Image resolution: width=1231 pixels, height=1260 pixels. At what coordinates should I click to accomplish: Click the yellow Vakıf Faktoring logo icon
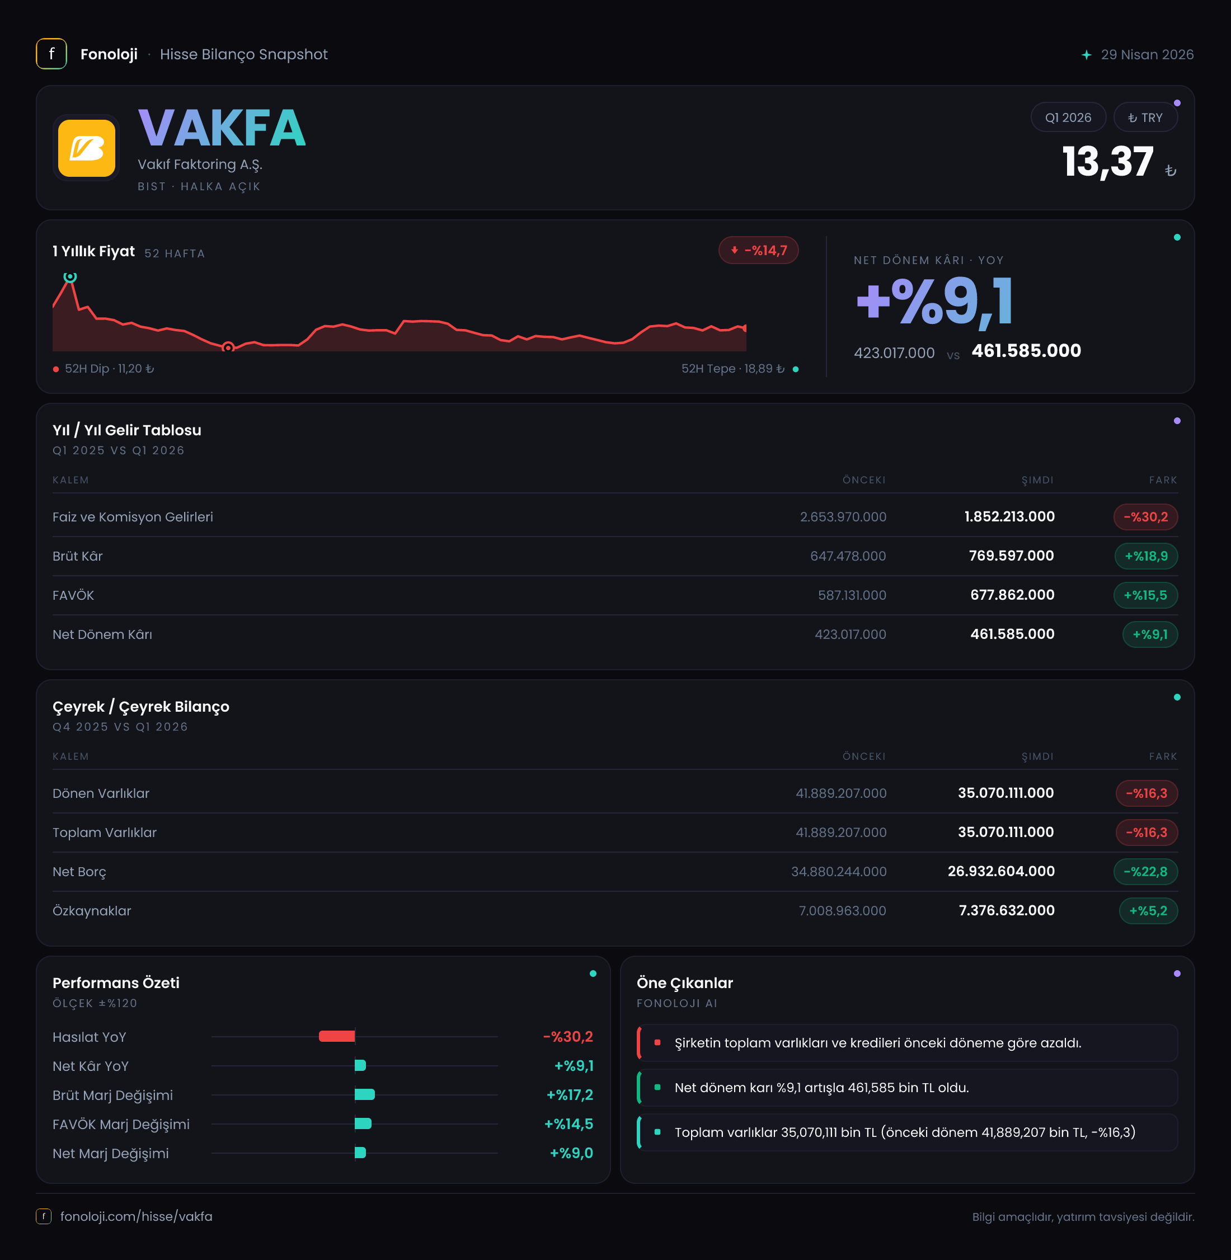pos(87,148)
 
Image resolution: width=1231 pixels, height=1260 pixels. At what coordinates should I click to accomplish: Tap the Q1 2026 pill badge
pos(1068,117)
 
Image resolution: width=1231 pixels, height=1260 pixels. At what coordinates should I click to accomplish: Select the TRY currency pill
pos(1145,117)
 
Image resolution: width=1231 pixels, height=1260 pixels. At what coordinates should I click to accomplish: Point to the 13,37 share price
pos(1107,161)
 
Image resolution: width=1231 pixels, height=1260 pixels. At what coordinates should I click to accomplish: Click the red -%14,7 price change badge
pos(758,250)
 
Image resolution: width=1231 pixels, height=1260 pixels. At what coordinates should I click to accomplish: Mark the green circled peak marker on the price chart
pos(70,277)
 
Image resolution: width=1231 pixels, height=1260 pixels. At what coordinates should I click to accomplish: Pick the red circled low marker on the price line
pos(228,347)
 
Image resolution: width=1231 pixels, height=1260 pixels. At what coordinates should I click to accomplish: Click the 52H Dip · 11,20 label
pos(109,369)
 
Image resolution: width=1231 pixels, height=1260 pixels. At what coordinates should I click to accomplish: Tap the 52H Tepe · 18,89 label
pos(732,369)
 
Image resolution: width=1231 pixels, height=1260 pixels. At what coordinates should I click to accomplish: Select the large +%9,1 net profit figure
pos(934,300)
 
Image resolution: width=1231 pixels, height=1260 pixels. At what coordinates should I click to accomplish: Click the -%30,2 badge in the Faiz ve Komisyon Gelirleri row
pos(1145,516)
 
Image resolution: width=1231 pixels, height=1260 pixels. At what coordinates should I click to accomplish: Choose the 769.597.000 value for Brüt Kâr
pos(1011,556)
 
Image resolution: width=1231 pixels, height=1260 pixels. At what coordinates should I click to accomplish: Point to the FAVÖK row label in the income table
pos(73,595)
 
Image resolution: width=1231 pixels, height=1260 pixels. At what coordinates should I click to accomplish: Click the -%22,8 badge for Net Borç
pos(1145,872)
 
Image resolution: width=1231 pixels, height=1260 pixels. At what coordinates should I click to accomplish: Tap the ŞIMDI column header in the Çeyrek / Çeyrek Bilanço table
pos(1037,756)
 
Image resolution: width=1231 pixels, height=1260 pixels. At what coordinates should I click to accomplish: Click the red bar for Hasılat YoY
pos(337,1036)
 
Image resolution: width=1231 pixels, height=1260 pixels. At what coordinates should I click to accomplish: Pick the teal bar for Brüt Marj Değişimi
pos(365,1094)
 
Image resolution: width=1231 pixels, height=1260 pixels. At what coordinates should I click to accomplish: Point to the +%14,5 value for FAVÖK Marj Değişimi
pos(568,1123)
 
